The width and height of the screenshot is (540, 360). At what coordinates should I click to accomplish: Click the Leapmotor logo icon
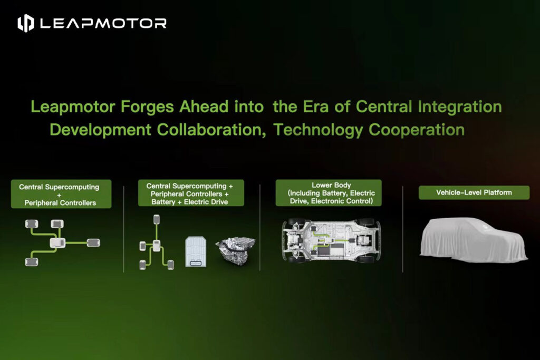pos(26,23)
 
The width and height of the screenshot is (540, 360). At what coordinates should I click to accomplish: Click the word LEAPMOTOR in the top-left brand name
pos(103,23)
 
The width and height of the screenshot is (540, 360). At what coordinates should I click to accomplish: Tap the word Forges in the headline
pos(147,107)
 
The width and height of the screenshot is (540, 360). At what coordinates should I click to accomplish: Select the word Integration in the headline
pos(460,107)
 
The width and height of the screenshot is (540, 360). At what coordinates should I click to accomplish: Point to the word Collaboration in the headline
pos(211,130)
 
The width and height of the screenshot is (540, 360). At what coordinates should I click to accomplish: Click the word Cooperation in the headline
pos(417,130)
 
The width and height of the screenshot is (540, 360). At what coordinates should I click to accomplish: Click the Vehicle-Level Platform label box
pos(474,193)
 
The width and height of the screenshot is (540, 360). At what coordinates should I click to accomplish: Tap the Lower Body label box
pos(329,193)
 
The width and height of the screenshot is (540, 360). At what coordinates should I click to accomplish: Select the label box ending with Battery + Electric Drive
pos(191,193)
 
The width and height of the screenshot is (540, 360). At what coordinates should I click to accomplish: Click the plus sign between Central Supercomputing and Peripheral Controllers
pos(59,195)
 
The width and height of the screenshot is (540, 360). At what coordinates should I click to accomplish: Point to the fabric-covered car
pos(474,240)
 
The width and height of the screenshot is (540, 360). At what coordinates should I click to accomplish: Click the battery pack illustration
pos(196,251)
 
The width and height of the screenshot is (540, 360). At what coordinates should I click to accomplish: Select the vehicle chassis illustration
pos(331,240)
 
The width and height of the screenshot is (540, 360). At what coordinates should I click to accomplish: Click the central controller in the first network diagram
pos(57,243)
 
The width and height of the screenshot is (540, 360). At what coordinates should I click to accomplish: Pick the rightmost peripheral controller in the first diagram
pos(93,242)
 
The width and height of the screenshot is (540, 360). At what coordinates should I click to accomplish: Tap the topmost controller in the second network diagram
pos(156,219)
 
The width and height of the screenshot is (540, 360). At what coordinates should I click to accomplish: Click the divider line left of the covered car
pos(402,229)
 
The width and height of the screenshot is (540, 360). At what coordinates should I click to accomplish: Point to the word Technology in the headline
pos(318,130)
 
